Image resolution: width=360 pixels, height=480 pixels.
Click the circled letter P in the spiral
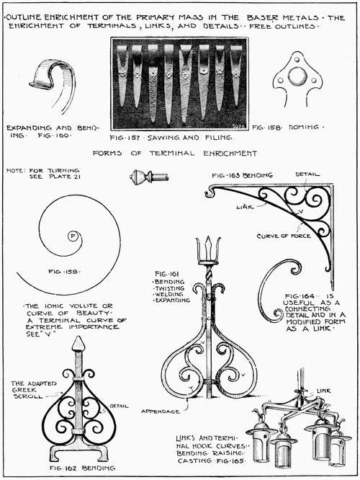73,235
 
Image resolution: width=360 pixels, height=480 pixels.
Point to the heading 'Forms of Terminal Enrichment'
175,153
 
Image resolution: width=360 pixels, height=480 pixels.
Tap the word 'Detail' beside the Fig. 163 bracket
307,174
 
